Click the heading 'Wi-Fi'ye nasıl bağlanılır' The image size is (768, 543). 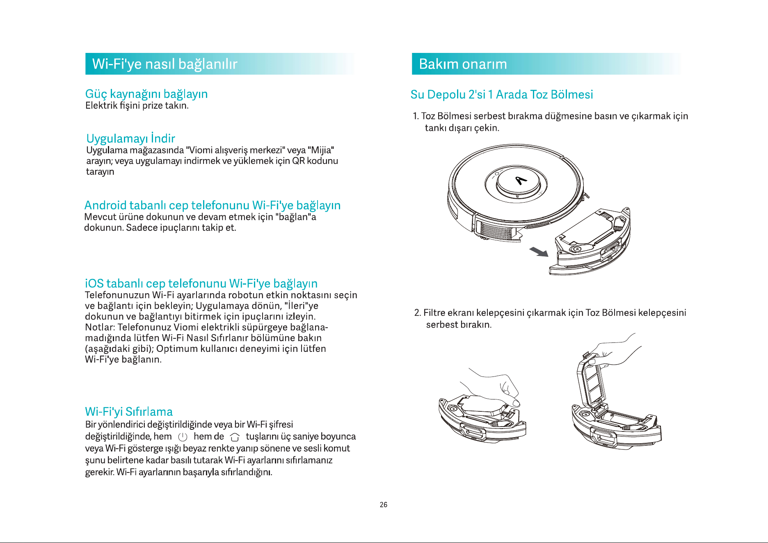click(x=165, y=64)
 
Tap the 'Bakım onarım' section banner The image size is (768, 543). click(x=546, y=64)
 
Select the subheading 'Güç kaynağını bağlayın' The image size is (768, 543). click(x=146, y=94)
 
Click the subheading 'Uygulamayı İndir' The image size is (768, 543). click(x=130, y=138)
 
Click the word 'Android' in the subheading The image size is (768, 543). click(x=105, y=205)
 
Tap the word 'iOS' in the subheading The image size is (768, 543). click(x=94, y=283)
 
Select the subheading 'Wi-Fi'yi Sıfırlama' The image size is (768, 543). click(x=129, y=412)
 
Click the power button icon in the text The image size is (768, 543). click(x=183, y=437)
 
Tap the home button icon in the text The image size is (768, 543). click(x=235, y=437)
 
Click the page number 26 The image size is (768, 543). click(x=384, y=505)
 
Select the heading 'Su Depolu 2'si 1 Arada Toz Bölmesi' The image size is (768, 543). click(x=502, y=95)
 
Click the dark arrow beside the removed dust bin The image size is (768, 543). click(x=539, y=251)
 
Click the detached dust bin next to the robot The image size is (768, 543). click(x=590, y=242)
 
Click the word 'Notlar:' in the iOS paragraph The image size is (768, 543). click(x=100, y=327)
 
